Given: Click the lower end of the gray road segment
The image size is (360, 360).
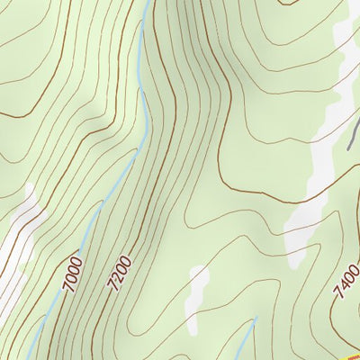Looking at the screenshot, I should (x=348, y=148).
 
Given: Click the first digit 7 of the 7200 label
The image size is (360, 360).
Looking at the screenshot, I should (x=113, y=288).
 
